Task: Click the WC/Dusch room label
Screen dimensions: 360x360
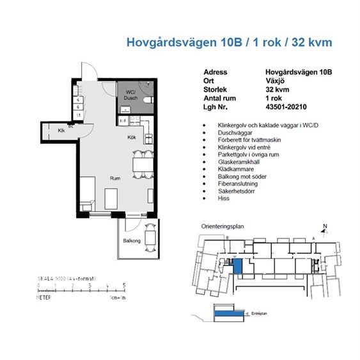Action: coord(130,95)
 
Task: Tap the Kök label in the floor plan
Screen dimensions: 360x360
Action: coord(132,137)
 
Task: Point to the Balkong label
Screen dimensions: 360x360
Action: coord(131,241)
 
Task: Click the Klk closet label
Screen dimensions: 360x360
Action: coord(61,130)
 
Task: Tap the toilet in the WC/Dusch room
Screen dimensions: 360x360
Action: coord(148,100)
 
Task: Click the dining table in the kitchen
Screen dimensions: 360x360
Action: coord(143,164)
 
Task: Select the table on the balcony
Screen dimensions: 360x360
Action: coord(151,238)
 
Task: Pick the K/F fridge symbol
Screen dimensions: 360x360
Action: coord(123,120)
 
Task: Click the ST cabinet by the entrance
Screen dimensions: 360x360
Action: coord(79,115)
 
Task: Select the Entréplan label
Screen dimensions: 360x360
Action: coord(258,313)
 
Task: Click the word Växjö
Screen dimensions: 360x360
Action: coord(274,81)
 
